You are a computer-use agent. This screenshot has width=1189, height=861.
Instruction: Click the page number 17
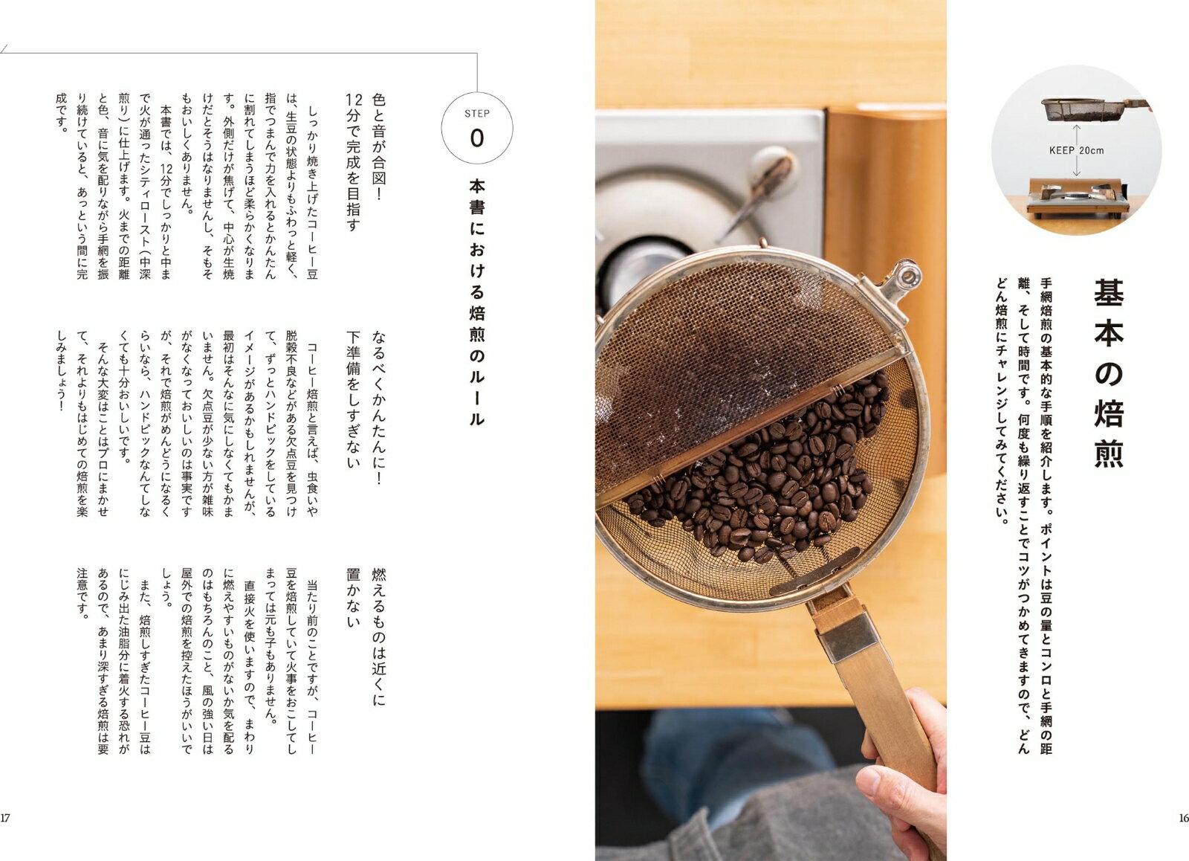click(x=4, y=818)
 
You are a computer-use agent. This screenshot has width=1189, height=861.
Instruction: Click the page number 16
click(x=1184, y=818)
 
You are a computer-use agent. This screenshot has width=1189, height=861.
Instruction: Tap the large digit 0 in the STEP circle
click(x=476, y=138)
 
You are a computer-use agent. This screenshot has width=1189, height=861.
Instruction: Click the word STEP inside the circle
click(x=476, y=114)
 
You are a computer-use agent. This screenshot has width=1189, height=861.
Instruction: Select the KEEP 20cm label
click(x=1077, y=151)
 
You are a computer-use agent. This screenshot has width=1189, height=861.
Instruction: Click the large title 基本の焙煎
click(x=1109, y=373)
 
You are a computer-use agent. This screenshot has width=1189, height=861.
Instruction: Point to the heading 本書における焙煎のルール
click(x=476, y=303)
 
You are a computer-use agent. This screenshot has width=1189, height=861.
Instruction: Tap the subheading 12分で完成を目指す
click(x=354, y=163)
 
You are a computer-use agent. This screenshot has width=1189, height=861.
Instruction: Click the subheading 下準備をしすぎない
click(x=354, y=399)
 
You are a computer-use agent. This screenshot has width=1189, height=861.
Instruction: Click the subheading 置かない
click(x=354, y=598)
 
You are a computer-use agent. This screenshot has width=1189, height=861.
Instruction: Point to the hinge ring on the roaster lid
click(x=906, y=276)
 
